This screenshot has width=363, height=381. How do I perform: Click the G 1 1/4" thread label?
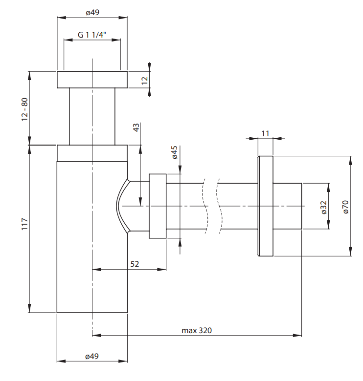click(x=91, y=35)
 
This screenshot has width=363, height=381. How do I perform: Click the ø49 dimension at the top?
click(x=92, y=12)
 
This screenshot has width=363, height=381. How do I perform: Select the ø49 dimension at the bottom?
click(x=92, y=356)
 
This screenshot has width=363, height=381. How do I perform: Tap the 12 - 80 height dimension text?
click(x=24, y=109)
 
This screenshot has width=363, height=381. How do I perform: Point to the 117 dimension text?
click(x=24, y=224)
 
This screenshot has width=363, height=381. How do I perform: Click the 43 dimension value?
click(x=136, y=127)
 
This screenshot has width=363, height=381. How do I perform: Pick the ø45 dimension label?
click(x=175, y=152)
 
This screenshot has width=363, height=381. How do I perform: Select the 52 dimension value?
click(x=135, y=264)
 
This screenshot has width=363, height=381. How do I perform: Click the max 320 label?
click(x=197, y=331)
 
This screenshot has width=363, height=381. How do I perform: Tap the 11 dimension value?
click(x=265, y=133)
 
